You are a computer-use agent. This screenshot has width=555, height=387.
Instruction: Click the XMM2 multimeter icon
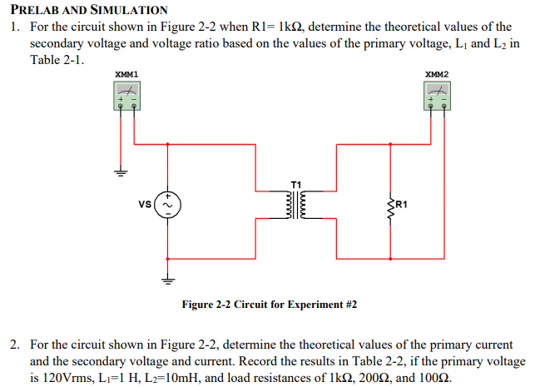click(x=437, y=98)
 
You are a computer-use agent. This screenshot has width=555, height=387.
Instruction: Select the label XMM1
click(x=126, y=75)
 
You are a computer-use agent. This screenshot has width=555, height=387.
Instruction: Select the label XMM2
click(x=437, y=75)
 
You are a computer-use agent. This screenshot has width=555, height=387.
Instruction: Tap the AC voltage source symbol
click(x=169, y=203)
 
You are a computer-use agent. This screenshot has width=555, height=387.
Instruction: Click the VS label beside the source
click(x=146, y=203)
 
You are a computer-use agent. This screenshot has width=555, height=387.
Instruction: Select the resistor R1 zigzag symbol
click(x=391, y=203)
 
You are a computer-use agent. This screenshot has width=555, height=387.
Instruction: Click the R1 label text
click(x=404, y=203)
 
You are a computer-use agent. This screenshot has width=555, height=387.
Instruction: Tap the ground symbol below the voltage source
click(x=169, y=280)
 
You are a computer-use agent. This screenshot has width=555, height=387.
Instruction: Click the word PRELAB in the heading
click(x=38, y=10)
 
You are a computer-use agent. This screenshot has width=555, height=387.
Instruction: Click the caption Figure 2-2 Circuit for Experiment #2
click(x=269, y=305)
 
